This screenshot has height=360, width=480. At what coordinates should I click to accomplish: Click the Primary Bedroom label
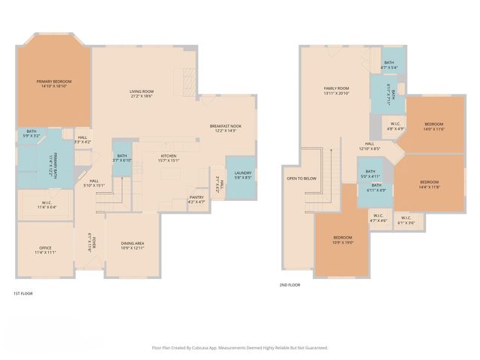[52, 83]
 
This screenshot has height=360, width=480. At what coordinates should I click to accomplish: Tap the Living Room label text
[141, 93]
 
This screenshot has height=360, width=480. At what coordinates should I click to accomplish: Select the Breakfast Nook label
[226, 128]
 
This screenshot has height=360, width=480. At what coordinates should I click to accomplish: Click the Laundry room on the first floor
[243, 175]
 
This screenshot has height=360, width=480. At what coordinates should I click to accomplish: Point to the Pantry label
[196, 199]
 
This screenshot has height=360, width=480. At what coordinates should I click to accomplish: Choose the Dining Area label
[132, 245]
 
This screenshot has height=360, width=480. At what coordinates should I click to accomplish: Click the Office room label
[45, 250]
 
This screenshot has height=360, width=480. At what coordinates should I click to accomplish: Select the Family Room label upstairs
[337, 90]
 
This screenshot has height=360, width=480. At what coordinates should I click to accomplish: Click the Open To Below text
[301, 178]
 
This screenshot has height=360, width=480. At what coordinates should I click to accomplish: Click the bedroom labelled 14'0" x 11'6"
[434, 126]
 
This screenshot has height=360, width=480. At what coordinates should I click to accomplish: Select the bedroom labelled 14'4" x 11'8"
[429, 184]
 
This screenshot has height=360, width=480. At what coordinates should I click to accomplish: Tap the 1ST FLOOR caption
[23, 293]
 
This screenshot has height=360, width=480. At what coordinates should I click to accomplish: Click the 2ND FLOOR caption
[289, 285]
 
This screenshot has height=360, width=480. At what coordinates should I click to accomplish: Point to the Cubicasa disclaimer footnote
[240, 348]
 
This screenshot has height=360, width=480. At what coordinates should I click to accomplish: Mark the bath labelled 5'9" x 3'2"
[31, 133]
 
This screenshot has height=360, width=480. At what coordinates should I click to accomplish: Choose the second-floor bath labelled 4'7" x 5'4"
[388, 65]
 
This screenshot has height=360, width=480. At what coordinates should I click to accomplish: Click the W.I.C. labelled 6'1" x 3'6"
[406, 221]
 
